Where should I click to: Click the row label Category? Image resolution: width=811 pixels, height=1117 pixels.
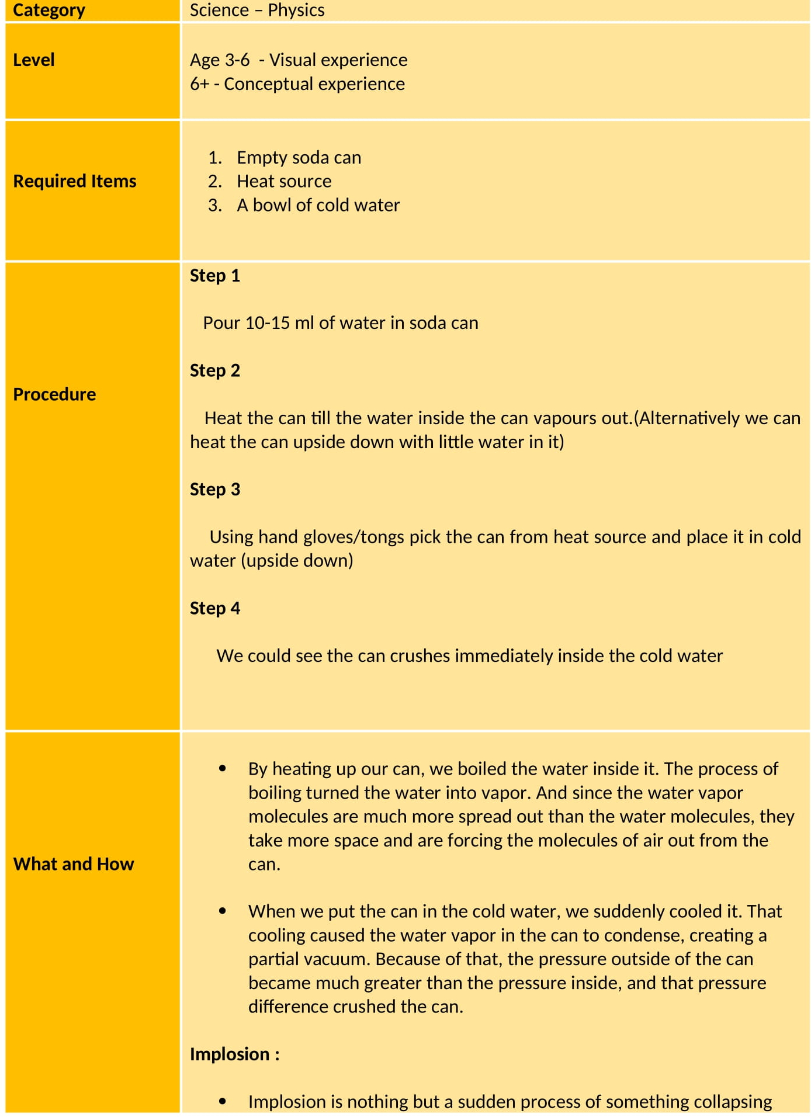coord(49,10)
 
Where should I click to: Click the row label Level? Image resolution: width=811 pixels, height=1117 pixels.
coord(34,60)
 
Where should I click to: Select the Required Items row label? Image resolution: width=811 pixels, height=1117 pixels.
coord(75,181)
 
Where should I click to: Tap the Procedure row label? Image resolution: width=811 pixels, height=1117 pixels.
coord(54,394)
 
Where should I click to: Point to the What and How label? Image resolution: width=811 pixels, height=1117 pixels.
coord(74,863)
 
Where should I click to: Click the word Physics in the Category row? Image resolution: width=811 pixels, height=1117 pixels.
coord(296,10)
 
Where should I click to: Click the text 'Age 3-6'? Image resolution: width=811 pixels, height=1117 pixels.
coord(220,60)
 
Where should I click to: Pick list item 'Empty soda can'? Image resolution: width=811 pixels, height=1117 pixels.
coord(299,157)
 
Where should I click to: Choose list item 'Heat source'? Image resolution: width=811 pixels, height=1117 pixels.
coord(284,181)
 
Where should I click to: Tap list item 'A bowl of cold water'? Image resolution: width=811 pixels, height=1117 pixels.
coord(318,205)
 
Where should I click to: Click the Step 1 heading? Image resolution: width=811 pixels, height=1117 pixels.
coord(215,275)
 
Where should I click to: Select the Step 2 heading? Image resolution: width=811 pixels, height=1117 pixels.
coord(215,370)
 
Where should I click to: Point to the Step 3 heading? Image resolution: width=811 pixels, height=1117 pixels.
coord(215,489)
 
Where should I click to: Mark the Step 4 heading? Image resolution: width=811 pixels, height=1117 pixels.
coord(215,608)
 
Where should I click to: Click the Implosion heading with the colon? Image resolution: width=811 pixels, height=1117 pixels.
coord(234,1054)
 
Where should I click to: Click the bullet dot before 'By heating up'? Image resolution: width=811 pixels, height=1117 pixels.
coord(223,769)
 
